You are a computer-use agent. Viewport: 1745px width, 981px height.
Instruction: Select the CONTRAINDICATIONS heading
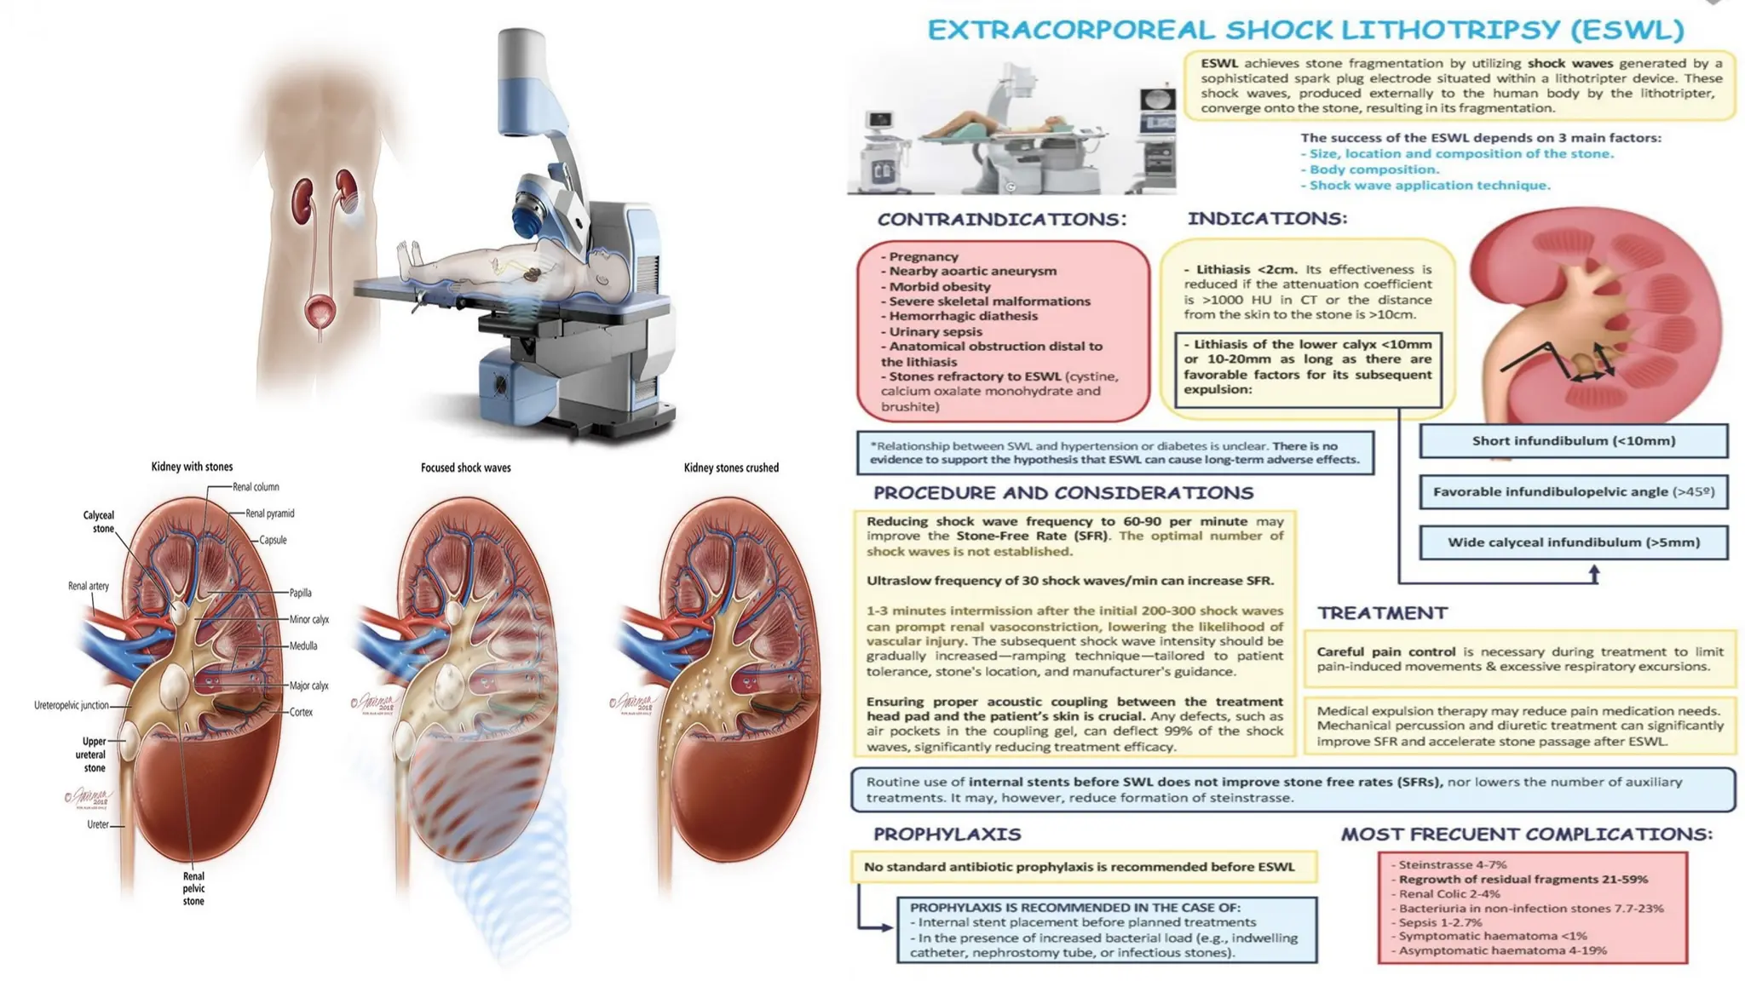coord(1001,220)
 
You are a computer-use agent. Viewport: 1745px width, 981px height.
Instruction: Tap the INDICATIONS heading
coord(1267,219)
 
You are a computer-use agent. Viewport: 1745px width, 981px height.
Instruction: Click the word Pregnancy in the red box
coord(924,256)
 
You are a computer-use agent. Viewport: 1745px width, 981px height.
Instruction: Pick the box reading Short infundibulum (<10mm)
coord(1573,441)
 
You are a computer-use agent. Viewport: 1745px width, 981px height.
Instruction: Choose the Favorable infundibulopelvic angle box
coord(1573,491)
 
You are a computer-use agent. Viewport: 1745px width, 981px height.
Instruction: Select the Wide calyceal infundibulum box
coord(1573,542)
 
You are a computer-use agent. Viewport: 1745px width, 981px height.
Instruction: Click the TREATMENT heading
coord(1382,613)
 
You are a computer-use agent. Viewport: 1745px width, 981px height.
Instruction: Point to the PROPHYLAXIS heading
coord(947,834)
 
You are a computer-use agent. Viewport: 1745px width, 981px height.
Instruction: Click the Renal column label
coord(256,487)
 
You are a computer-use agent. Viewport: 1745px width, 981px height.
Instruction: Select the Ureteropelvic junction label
coord(72,705)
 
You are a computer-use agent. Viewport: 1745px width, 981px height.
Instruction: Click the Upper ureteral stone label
coord(94,754)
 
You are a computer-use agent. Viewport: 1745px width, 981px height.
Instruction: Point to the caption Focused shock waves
coord(465,468)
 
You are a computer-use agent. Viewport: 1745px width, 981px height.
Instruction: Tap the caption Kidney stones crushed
coord(731,468)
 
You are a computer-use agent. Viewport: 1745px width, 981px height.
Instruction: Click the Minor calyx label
coord(308,619)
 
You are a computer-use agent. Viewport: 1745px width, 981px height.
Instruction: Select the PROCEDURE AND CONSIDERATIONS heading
coord(1063,493)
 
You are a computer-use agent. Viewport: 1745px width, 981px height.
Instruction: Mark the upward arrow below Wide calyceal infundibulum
coord(1593,575)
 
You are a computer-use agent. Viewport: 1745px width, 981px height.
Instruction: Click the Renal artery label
coord(89,586)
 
